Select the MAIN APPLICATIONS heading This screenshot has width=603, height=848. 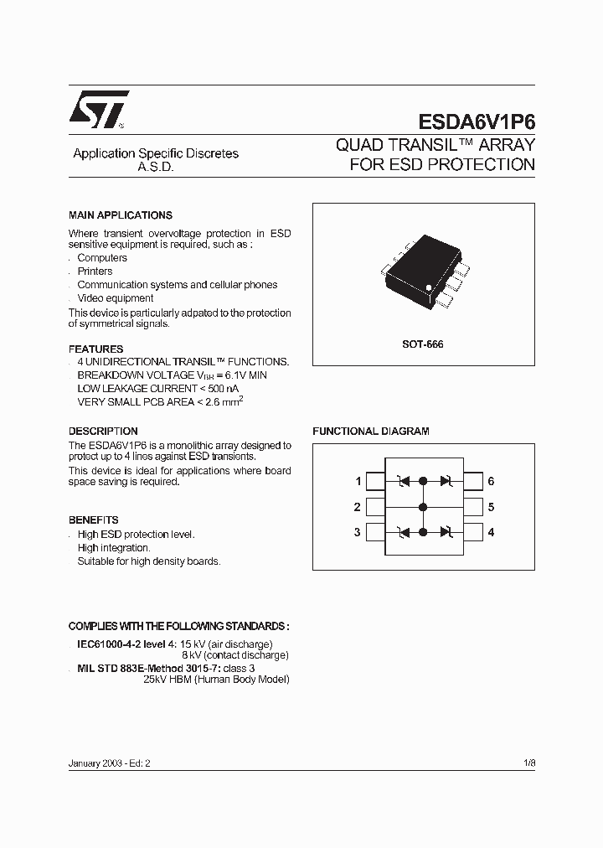(x=120, y=215)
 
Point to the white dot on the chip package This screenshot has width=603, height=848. (x=429, y=287)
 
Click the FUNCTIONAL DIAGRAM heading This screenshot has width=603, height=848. (x=370, y=431)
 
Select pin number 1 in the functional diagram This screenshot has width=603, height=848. (x=358, y=481)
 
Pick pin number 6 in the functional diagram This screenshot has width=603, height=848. (x=491, y=481)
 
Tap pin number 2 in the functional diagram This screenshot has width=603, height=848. (x=358, y=507)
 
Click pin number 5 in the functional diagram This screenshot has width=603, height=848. (x=491, y=507)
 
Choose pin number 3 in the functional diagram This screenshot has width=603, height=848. (x=358, y=532)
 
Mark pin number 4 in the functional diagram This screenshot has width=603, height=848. (x=491, y=532)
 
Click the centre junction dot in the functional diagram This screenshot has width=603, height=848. (x=423, y=507)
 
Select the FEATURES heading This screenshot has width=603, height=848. (x=95, y=349)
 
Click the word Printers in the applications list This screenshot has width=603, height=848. (x=95, y=271)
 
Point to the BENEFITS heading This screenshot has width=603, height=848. (x=93, y=520)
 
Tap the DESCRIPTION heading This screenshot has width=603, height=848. (x=103, y=432)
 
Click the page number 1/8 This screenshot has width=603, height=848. (x=528, y=764)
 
